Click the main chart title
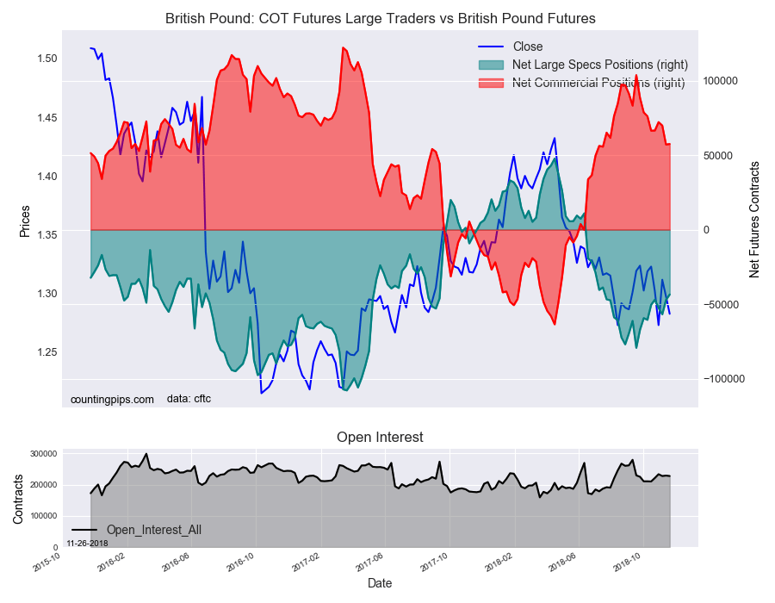(x=381, y=18)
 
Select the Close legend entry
(x=527, y=47)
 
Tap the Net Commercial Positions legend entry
(x=598, y=83)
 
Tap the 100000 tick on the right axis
(x=721, y=81)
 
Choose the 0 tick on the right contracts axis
(x=706, y=230)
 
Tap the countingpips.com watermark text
(x=112, y=399)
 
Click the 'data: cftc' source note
(x=189, y=399)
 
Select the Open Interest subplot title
(x=380, y=437)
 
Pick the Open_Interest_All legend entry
(x=153, y=530)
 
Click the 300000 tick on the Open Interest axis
(x=44, y=454)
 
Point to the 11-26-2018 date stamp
(x=88, y=544)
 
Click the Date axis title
(x=380, y=583)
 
